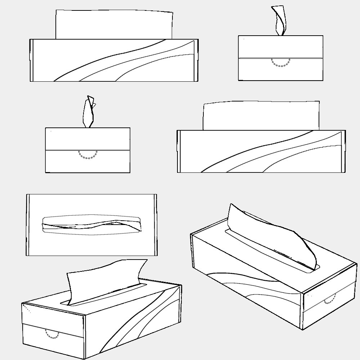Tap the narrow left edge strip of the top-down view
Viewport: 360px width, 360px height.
coord(28,225)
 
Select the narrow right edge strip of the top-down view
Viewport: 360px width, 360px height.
coord(156,225)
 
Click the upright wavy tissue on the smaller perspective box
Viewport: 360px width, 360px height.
coord(104,279)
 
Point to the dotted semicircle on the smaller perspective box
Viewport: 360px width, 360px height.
coord(53,334)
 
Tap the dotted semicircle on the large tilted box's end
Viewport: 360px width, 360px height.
coord(330,300)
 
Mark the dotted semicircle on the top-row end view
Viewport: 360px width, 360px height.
coord(280,64)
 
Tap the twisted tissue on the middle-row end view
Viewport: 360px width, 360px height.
coord(89,112)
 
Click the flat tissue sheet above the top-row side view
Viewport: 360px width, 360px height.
coord(113,24)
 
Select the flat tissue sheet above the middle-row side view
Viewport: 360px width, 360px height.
coord(261,116)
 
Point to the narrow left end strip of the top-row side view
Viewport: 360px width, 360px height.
coord(31,60)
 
